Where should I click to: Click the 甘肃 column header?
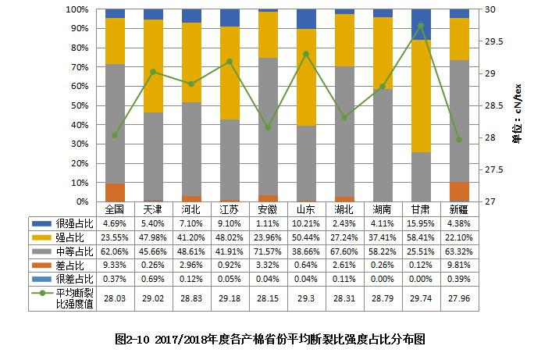click(421, 209)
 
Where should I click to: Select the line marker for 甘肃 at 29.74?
click(421, 26)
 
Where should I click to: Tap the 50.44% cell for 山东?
click(306, 237)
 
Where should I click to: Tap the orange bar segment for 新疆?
click(459, 191)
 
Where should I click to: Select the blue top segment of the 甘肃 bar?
click(421, 24)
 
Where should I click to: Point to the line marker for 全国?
click(115, 135)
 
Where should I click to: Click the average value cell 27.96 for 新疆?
click(459, 298)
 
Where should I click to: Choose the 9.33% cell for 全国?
click(115, 265)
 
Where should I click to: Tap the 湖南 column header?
click(383, 209)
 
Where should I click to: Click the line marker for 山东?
click(306, 54)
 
